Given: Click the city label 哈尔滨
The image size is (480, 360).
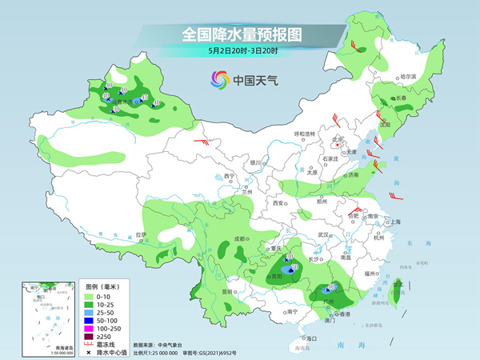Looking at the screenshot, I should coord(408,76).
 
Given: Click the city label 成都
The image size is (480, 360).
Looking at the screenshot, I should coord(240,238).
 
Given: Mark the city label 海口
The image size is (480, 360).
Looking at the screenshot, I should coord(311,339).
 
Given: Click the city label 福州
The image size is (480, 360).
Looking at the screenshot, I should coord(368,274).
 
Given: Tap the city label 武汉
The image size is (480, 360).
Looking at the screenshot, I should coord(323,234).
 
